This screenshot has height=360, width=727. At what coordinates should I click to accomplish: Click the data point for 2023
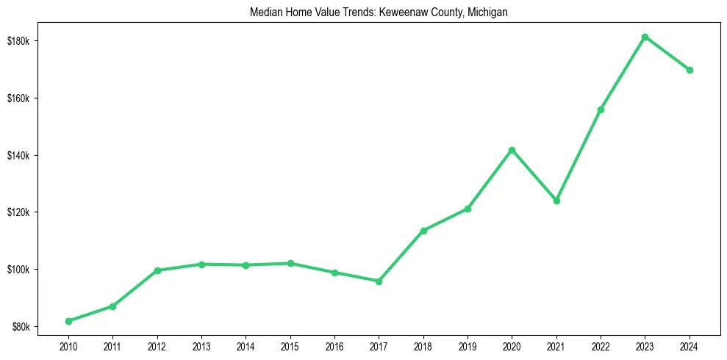(x=645, y=37)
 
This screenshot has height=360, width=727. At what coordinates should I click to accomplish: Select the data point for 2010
(x=68, y=321)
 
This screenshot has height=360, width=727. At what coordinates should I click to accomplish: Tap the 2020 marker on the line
(x=512, y=150)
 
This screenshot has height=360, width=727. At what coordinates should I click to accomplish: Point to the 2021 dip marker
(x=556, y=201)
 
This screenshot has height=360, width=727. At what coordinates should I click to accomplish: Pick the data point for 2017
(x=379, y=281)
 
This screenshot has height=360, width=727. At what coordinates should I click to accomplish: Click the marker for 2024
(x=690, y=70)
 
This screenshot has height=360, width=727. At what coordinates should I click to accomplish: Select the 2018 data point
(x=423, y=231)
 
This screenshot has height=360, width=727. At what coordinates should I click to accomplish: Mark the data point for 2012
(x=157, y=270)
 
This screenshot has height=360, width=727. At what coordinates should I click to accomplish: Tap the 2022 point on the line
(x=601, y=109)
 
